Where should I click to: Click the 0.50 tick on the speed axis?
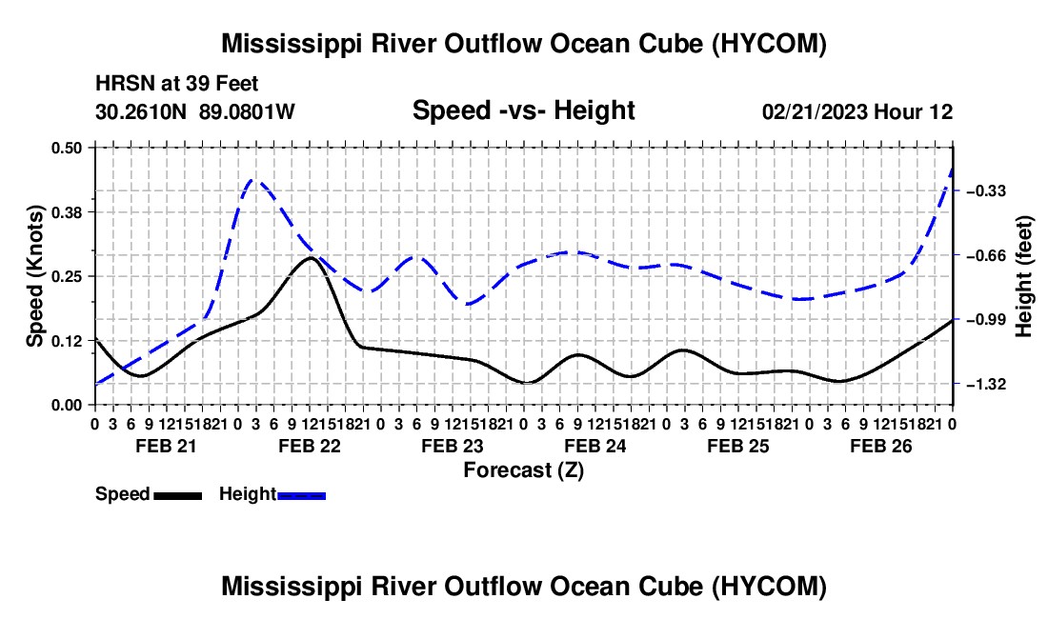(66, 148)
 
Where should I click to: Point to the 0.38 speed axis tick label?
(66, 212)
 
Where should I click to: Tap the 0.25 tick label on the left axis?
(66, 276)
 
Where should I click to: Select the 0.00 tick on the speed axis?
(66, 406)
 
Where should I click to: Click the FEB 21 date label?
(167, 446)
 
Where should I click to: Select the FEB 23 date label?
(453, 446)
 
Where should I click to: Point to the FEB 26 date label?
(881, 446)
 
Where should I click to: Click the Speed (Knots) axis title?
(34, 276)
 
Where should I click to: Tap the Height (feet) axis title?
(1023, 276)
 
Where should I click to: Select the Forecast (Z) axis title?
(524, 470)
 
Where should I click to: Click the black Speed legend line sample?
(178, 495)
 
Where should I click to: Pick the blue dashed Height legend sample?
(301, 495)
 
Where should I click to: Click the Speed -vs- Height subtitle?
(524, 110)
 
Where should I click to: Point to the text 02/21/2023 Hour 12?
(857, 111)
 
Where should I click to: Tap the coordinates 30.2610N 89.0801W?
(195, 111)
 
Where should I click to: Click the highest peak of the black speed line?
(311, 258)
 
